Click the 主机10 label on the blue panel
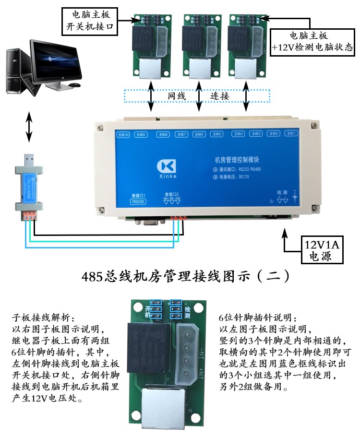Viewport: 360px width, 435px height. pos(123,134)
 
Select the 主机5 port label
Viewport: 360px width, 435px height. pos(216,134)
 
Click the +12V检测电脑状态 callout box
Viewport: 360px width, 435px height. pos(312,42)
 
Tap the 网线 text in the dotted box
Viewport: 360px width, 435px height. pos(176,96)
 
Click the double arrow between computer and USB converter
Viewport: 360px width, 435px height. pos(29,127)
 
